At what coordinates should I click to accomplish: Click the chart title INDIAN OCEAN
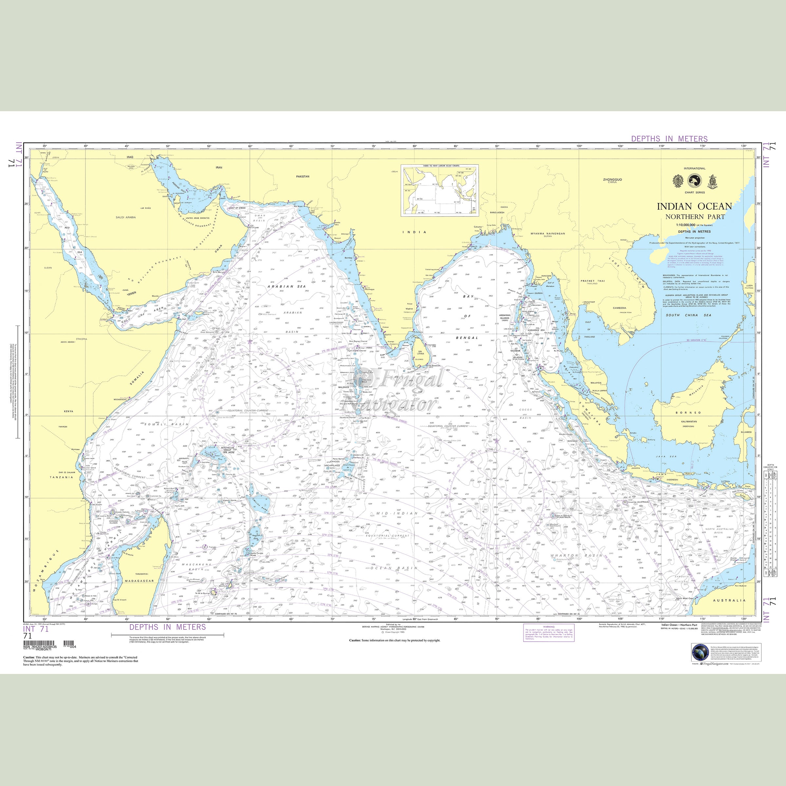(x=694, y=206)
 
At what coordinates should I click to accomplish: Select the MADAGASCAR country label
(x=139, y=581)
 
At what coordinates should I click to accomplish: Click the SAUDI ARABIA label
(x=126, y=217)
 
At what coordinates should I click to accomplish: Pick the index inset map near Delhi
(x=440, y=190)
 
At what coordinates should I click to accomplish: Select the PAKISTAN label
(x=303, y=177)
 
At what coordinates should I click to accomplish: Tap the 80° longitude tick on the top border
(x=415, y=146)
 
